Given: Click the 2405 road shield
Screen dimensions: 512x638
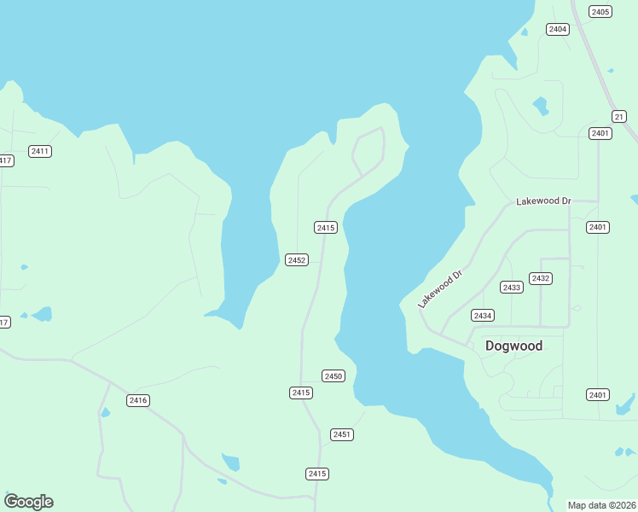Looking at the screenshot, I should [x=600, y=11].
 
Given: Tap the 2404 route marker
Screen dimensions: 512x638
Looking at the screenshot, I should [x=558, y=29].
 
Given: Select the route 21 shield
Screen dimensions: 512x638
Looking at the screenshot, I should [x=619, y=116].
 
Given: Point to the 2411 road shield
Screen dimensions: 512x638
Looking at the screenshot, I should [x=40, y=151].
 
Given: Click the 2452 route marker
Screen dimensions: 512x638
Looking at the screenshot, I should [x=296, y=259].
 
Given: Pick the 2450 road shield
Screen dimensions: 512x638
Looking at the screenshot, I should [x=333, y=376].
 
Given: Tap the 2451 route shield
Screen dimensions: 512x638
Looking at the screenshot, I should [x=342, y=434].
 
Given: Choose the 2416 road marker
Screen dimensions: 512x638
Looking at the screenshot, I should [x=138, y=400].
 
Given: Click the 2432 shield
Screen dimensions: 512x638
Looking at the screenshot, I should [x=540, y=278].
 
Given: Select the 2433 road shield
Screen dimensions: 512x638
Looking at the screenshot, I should [x=511, y=288].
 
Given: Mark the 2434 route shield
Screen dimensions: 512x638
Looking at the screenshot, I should [x=483, y=316].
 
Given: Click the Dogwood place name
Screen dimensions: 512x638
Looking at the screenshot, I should [x=513, y=346].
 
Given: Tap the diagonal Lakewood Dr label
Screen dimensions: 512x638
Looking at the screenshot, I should [x=439, y=289].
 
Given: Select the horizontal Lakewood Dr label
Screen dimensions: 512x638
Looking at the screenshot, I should [x=543, y=201].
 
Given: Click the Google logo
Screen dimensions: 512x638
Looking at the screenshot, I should [x=29, y=502].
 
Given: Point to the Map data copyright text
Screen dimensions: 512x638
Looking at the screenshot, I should [x=602, y=505].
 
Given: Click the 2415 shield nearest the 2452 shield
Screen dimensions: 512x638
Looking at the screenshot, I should [x=326, y=227].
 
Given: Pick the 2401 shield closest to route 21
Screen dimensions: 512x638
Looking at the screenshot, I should [x=600, y=133].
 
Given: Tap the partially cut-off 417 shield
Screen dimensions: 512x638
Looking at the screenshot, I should [x=5, y=160].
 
